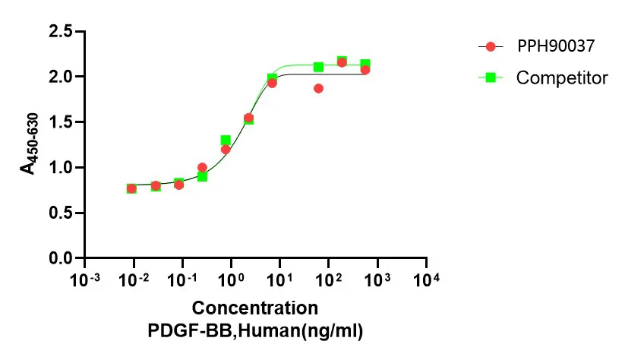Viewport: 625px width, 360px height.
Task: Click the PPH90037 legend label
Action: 555,46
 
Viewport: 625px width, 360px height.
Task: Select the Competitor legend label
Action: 562,77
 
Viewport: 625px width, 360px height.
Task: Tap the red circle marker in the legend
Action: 491,46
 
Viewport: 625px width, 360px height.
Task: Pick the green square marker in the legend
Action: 491,77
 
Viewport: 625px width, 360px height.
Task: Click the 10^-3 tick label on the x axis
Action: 85,280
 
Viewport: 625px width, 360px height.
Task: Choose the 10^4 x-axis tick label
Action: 427,280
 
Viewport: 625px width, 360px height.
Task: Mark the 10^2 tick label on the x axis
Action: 329,280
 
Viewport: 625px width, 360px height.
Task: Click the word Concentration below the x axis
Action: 254,308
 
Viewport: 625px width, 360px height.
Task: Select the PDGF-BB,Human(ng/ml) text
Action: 254,331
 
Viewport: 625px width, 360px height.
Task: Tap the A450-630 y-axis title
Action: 30,144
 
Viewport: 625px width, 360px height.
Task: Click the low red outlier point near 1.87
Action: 318,88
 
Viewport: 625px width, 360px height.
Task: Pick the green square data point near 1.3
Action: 226,141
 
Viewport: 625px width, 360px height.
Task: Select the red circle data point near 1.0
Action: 202,167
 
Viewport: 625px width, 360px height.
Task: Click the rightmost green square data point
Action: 365,65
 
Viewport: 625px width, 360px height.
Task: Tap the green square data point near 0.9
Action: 202,176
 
